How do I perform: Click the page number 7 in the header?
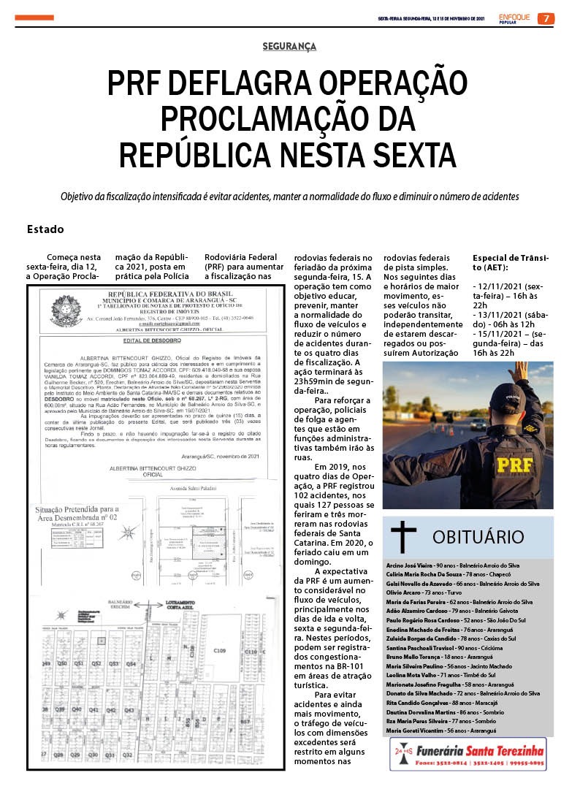pyautogui.click(x=545, y=18)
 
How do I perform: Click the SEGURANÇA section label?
pyautogui.click(x=289, y=47)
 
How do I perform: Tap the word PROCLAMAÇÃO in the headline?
pyautogui.click(x=289, y=120)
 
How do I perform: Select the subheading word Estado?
pyautogui.click(x=45, y=229)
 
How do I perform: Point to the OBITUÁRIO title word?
pyautogui.click(x=478, y=538)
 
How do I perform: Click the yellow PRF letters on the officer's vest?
pyautogui.click(x=516, y=464)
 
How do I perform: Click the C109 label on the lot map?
pyautogui.click(x=220, y=649)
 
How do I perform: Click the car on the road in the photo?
pyautogui.click(x=478, y=424)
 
